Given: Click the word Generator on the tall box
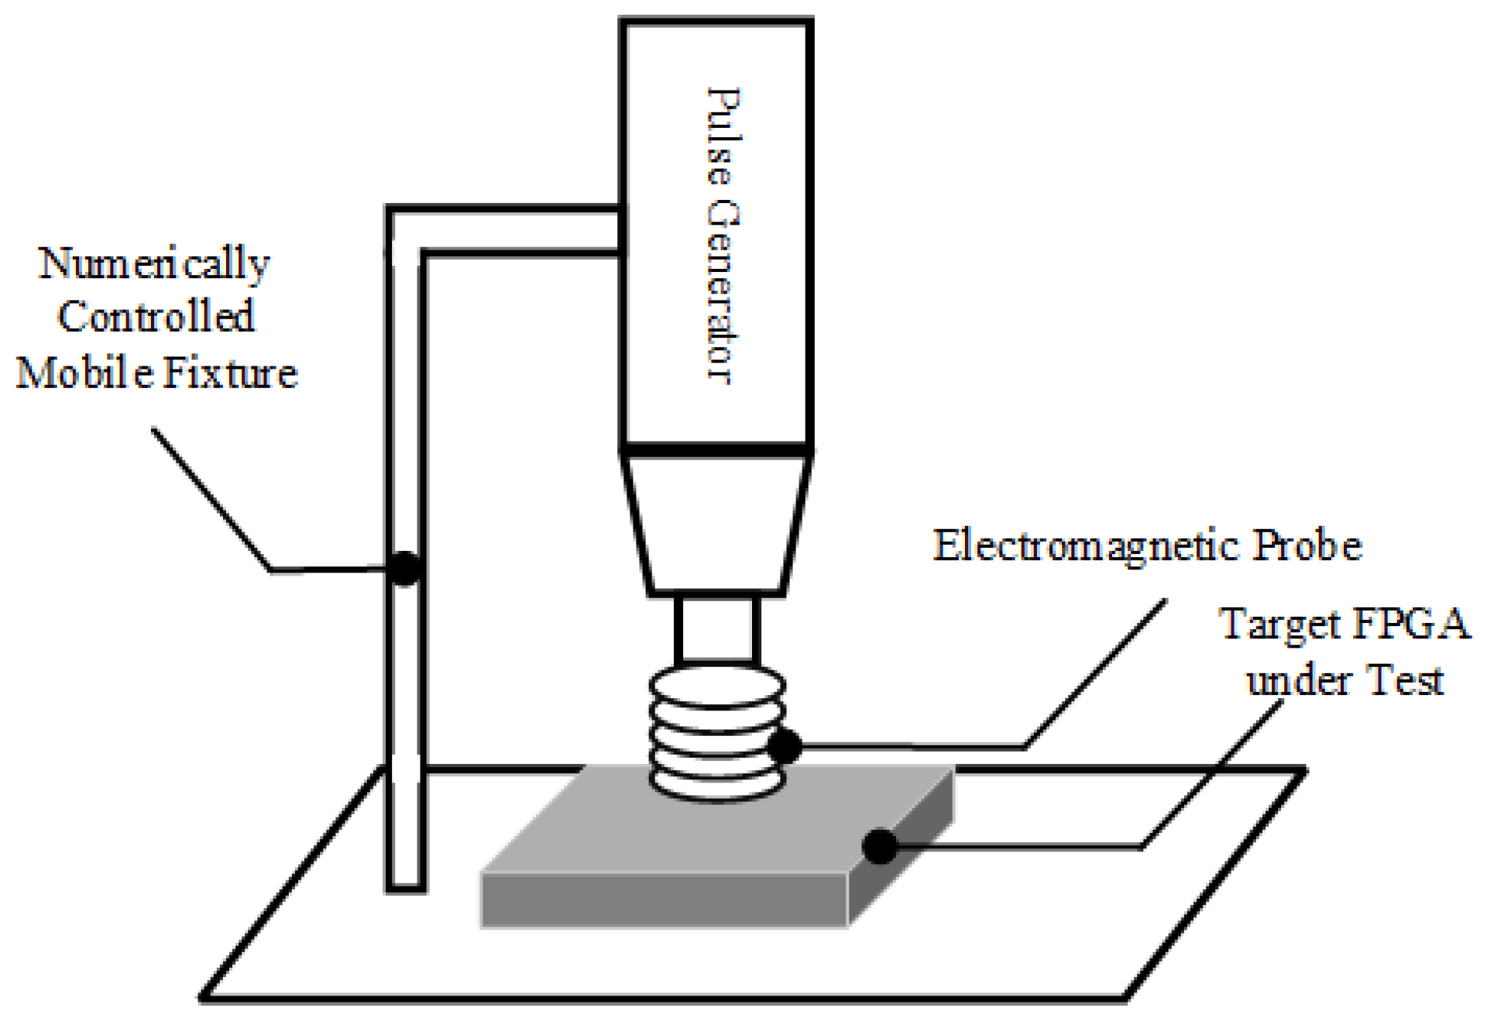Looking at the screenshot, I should click(723, 291).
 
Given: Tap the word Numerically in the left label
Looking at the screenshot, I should click(154, 265).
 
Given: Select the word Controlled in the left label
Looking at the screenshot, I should click(156, 317).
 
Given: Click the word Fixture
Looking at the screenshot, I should click(231, 373).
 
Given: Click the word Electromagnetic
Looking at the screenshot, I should click(1086, 546).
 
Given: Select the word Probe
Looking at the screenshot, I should click(1307, 546).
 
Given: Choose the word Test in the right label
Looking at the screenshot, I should click(1403, 681).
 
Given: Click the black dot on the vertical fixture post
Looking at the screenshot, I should click(404, 568).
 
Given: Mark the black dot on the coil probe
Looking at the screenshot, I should click(785, 746).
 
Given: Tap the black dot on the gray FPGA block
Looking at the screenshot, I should click(880, 845).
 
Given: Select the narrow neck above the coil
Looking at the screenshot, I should click(716, 629).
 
